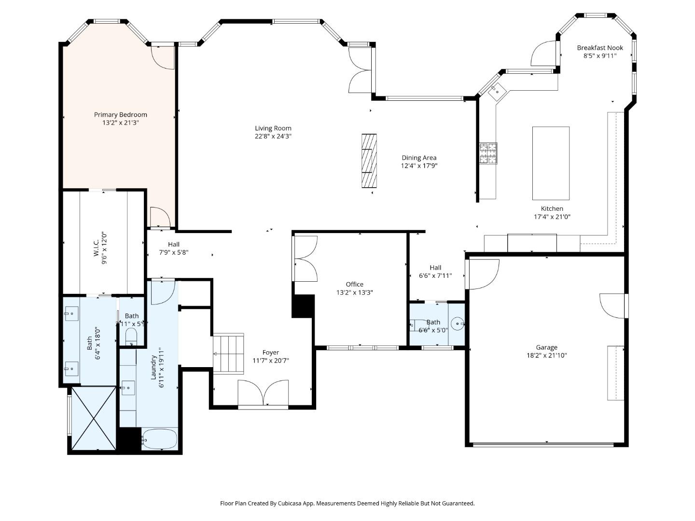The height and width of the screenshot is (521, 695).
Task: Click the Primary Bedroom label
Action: (x=120, y=115)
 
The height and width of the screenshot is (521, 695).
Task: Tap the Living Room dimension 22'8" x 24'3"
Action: (x=273, y=137)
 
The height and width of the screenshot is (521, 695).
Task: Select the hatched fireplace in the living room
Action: (x=369, y=161)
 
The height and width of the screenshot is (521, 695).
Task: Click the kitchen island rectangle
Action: (x=551, y=163)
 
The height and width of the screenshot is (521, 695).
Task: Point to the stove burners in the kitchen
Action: (x=488, y=153)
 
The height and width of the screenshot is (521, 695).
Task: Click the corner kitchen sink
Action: (x=496, y=90)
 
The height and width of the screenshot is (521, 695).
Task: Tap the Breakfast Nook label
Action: (x=600, y=48)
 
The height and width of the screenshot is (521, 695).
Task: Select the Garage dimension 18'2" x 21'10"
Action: (x=546, y=356)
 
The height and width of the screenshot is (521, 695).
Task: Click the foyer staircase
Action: (x=229, y=354)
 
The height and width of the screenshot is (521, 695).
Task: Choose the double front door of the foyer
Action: (x=263, y=394)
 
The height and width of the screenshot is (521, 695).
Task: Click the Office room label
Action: (x=354, y=284)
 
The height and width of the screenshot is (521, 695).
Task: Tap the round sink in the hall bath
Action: (x=457, y=323)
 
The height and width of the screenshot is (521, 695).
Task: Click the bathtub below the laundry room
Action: (x=160, y=439)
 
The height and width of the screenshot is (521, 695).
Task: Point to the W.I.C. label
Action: (x=97, y=248)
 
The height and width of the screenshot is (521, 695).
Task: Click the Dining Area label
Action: (x=419, y=158)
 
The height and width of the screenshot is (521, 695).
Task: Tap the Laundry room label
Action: (x=153, y=367)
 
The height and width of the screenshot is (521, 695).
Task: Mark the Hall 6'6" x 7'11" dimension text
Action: (x=435, y=276)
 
